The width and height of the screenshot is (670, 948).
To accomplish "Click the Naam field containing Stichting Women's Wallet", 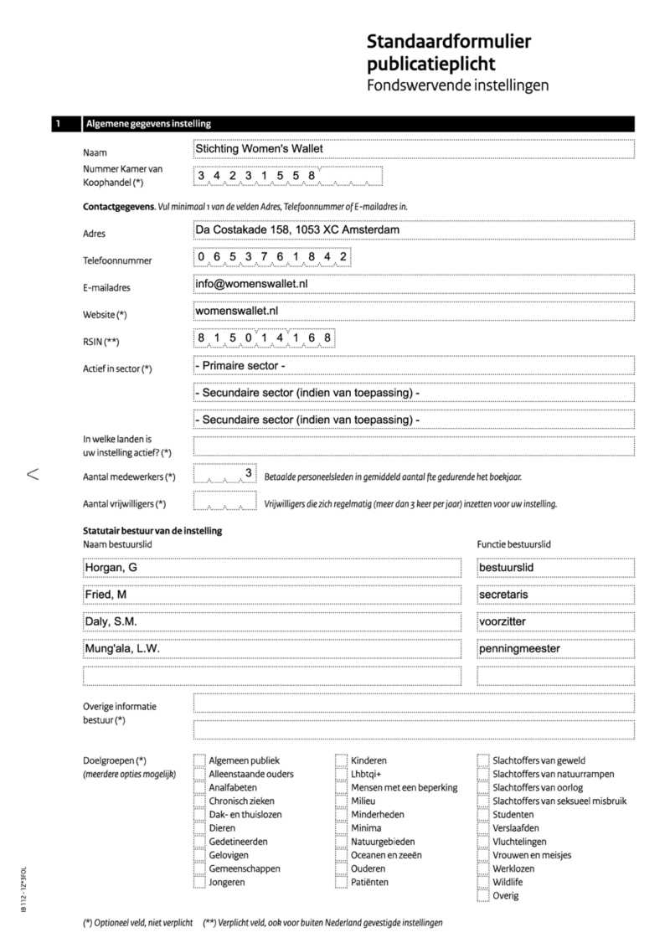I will [412, 149].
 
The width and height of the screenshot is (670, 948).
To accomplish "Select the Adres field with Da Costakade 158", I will [412, 229].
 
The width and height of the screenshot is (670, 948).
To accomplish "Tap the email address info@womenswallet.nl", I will [251, 284].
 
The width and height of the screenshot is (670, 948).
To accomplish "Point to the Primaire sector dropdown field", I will [412, 366].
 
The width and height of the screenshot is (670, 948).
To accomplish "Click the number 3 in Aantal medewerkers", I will [249, 474].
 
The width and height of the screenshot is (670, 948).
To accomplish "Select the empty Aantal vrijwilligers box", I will [224, 502].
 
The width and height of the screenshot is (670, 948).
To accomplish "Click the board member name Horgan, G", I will [271, 569].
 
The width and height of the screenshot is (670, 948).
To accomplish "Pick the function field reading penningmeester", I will [554, 649].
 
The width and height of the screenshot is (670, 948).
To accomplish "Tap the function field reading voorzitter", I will [554, 622].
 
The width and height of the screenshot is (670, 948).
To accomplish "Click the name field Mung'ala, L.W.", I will [271, 649].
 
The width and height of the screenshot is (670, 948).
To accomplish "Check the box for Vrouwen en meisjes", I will [483, 855].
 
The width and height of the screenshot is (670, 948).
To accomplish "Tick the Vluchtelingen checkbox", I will [483, 842].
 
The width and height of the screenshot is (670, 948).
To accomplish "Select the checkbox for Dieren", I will [199, 828].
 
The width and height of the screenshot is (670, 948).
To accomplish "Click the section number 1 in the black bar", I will [59, 125].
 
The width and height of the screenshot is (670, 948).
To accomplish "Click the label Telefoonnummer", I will [117, 260].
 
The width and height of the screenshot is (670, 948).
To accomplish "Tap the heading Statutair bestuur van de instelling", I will [152, 531].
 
